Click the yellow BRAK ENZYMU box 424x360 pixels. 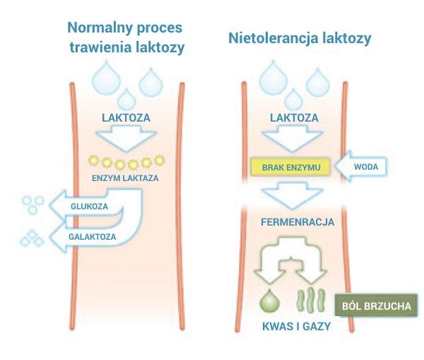click(290, 167)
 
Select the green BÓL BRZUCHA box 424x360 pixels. click(376, 306)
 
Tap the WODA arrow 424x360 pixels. click(360, 166)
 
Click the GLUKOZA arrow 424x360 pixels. click(89, 206)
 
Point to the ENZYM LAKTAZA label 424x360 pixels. click(125, 178)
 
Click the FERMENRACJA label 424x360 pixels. click(298, 222)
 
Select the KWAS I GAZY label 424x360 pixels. click(296, 326)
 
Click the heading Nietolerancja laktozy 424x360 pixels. click(300, 38)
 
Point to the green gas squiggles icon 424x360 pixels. click(311, 299)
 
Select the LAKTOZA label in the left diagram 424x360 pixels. click(126, 117)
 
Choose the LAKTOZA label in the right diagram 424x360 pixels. click(294, 117)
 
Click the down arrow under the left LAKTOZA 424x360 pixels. click(126, 139)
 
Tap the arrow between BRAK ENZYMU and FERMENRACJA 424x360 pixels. click(293, 195)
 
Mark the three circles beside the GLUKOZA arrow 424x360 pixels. click(33, 205)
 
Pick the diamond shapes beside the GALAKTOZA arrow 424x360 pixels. click(32, 238)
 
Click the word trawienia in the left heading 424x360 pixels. click(100, 47)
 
